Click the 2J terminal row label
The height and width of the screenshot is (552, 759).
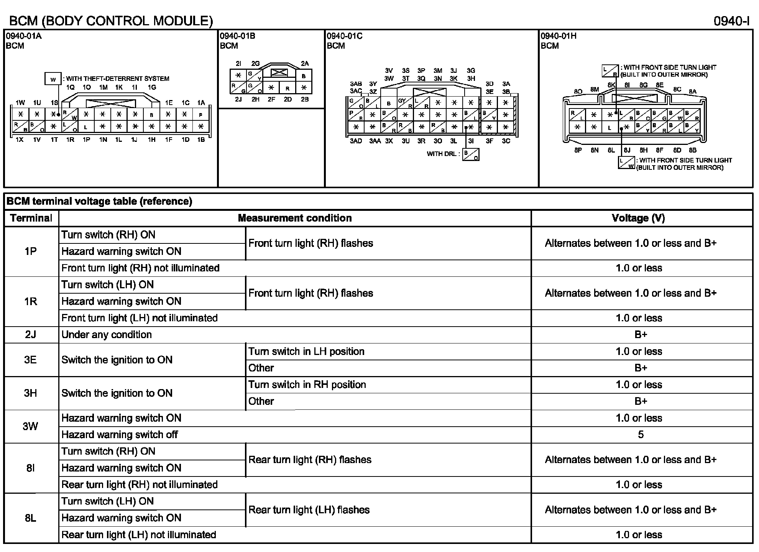[x=31, y=335]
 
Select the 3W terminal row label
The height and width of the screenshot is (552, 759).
[x=31, y=426]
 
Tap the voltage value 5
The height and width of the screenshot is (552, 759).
[x=641, y=435]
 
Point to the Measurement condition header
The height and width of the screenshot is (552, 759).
[x=294, y=218]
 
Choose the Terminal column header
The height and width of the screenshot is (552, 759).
[x=31, y=218]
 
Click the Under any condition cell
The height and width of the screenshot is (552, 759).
[x=107, y=335]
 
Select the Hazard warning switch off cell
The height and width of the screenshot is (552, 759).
[x=120, y=435]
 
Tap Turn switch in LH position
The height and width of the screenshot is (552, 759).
[x=306, y=352]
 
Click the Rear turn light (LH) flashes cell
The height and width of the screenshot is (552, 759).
[x=309, y=510]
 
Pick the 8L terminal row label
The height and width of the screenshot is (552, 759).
[x=31, y=518]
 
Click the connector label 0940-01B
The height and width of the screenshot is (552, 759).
[x=237, y=36]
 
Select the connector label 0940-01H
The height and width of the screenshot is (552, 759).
[x=558, y=36]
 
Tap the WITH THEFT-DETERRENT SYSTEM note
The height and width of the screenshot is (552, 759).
[x=117, y=79]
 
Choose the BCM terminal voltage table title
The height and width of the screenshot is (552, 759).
[x=99, y=201]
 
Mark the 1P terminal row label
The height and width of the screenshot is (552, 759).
[x=31, y=251]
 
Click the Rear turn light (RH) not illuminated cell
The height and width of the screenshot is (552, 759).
[x=140, y=485]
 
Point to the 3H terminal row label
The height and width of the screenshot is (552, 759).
[x=31, y=393]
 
